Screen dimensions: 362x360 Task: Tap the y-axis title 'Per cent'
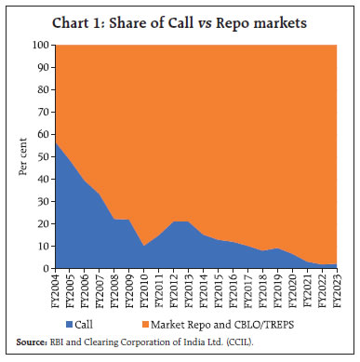click(x=20, y=156)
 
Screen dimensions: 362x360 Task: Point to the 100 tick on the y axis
click(x=42, y=45)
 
